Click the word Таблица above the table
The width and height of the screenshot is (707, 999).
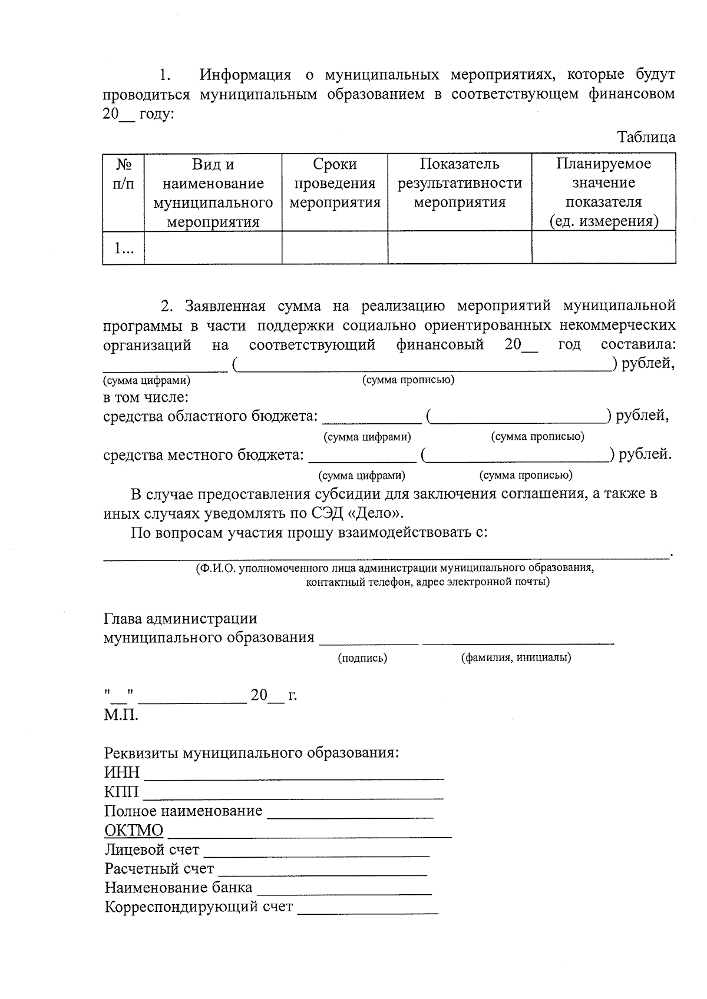coord(646,138)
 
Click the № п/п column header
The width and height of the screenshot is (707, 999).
coord(123,174)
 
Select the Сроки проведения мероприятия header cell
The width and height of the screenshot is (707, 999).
coord(335,183)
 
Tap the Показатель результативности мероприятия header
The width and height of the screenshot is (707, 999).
coord(460,183)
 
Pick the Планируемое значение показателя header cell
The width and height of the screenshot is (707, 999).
coord(603,192)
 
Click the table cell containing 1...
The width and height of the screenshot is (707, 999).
coord(123,248)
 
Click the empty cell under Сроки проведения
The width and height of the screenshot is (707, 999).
coord(335,248)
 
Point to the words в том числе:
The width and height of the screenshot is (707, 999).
coord(146,397)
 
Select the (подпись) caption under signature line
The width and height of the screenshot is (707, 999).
coord(362,658)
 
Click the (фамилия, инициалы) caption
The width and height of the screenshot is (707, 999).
coord(516,658)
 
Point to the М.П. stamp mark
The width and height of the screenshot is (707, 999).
coord(121,715)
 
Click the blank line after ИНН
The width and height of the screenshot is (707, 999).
coord(293,775)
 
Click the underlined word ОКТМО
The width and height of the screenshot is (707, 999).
coord(134,831)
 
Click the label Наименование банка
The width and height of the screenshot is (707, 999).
coord(178,888)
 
